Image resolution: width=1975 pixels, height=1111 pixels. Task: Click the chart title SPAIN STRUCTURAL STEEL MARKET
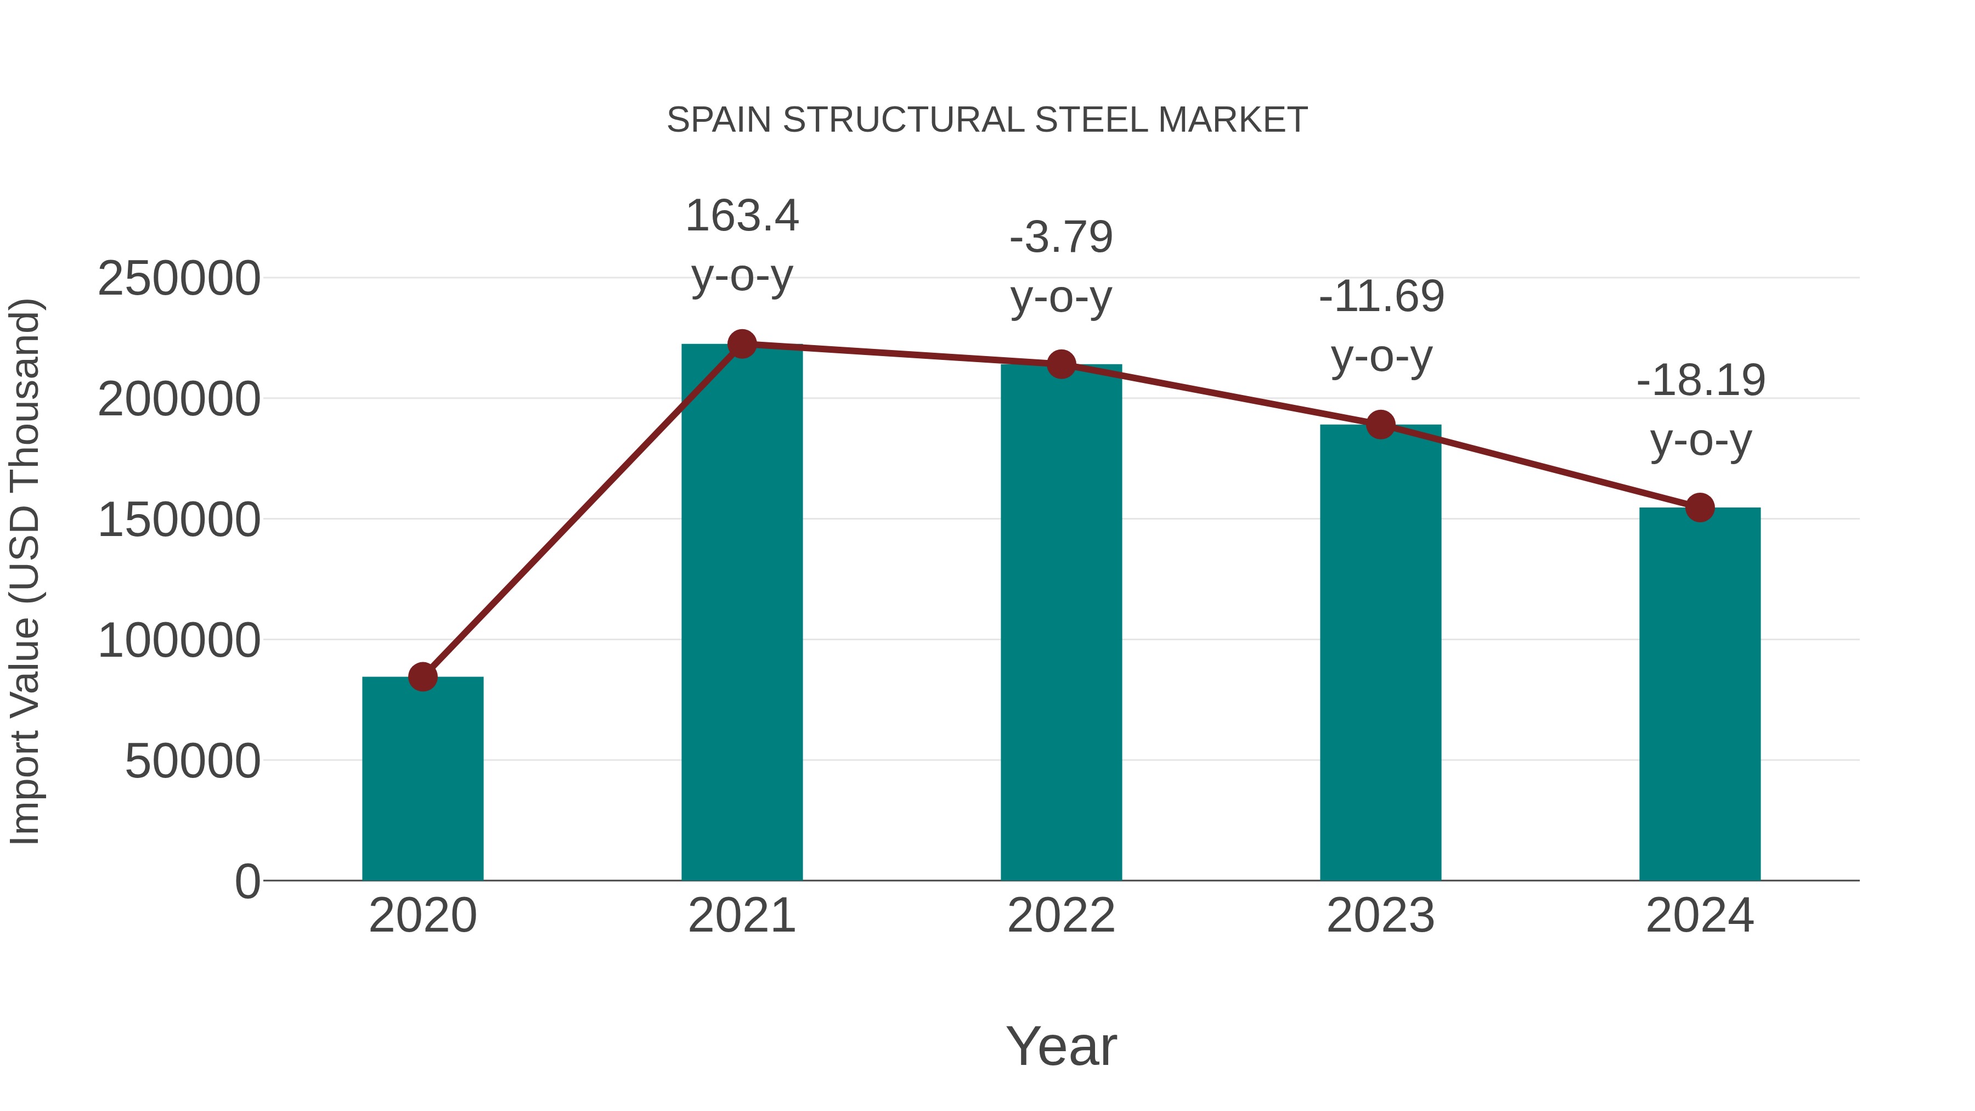tap(987, 120)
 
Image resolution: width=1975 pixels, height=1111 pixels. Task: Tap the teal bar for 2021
tap(741, 613)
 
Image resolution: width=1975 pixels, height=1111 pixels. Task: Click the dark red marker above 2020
tap(422, 676)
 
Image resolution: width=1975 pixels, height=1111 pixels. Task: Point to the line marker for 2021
tap(741, 344)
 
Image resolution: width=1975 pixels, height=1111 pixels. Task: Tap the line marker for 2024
tap(1700, 507)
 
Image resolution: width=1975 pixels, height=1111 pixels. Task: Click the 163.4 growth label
tap(741, 216)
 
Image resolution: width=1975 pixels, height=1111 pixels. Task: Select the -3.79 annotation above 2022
tap(1061, 237)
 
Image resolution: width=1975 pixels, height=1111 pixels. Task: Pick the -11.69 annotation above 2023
tap(1381, 297)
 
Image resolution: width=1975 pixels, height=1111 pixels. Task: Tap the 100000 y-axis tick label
tap(179, 640)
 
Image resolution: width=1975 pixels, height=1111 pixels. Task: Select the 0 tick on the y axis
tap(247, 881)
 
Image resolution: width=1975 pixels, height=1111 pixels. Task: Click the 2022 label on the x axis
tap(1061, 916)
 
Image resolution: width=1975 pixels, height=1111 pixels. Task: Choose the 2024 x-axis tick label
tap(1700, 916)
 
